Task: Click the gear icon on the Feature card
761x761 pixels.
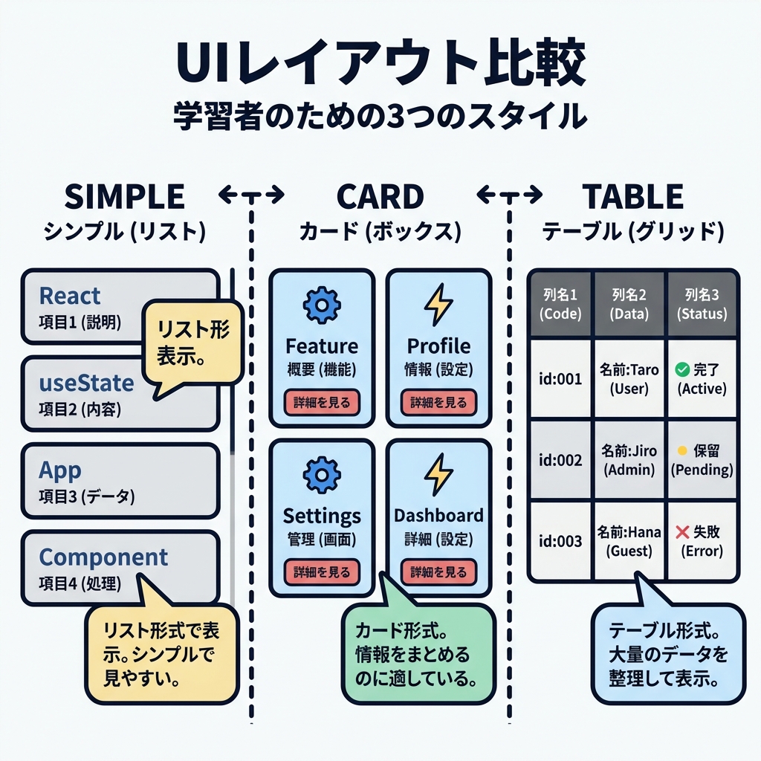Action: pyautogui.click(x=322, y=305)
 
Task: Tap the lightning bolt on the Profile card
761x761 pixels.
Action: pyautogui.click(x=438, y=305)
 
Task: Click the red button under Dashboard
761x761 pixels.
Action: pyautogui.click(x=438, y=571)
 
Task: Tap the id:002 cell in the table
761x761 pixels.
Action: pyautogui.click(x=559, y=460)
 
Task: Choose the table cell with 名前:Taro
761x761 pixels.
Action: pyautogui.click(x=629, y=378)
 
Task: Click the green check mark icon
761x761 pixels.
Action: pyautogui.click(x=680, y=369)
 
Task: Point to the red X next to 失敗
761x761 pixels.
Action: pyautogui.click(x=681, y=532)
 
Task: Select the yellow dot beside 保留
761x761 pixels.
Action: pyautogui.click(x=681, y=451)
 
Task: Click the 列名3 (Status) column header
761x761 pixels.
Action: pyautogui.click(x=702, y=305)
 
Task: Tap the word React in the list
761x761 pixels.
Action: pyautogui.click(x=69, y=296)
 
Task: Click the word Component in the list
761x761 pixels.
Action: pyautogui.click(x=103, y=557)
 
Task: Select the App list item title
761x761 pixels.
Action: pyautogui.click(x=59, y=470)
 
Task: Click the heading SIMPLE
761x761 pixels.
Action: pyautogui.click(x=124, y=197)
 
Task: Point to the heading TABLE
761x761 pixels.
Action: pyautogui.click(x=632, y=197)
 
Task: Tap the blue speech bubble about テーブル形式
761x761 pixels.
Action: pyautogui.click(x=667, y=653)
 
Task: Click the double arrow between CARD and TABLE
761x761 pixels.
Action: pyautogui.click(x=509, y=195)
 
